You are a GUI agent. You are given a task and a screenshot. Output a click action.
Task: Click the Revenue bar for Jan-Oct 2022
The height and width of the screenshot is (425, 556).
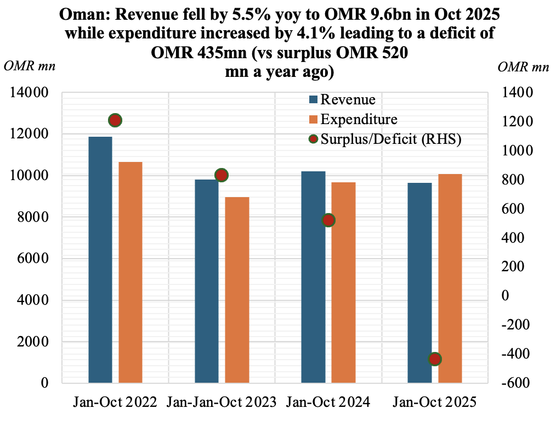pyautogui.click(x=100, y=259)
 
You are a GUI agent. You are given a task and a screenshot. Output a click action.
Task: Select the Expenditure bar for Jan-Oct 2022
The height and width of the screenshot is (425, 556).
pyautogui.click(x=131, y=272)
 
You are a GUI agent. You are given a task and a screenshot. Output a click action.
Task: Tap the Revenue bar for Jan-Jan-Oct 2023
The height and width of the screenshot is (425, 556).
pyautogui.click(x=207, y=281)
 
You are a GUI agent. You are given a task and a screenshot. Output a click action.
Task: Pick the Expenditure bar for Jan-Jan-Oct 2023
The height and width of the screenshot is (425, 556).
pyautogui.click(x=237, y=289)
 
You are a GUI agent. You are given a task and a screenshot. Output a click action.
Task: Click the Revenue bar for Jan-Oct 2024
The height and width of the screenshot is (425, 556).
pyautogui.click(x=313, y=277)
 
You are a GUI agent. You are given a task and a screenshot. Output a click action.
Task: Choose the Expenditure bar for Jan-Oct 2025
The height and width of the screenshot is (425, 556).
pyautogui.click(x=450, y=278)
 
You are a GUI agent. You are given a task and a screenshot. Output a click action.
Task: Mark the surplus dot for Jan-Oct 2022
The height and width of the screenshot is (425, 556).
pyautogui.click(x=115, y=120)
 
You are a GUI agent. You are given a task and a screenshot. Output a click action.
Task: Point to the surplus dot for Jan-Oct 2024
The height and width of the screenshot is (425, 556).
pyautogui.click(x=328, y=220)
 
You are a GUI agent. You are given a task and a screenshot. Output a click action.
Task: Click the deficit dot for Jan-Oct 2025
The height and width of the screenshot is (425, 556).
pyautogui.click(x=435, y=359)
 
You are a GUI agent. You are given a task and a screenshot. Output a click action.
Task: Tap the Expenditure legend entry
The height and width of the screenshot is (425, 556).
pyautogui.click(x=359, y=119)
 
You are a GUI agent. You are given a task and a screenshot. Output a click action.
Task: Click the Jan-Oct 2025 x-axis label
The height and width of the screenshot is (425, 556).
pyautogui.click(x=435, y=402)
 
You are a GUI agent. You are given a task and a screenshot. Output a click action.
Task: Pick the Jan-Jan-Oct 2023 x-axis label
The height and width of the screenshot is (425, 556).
pyautogui.click(x=222, y=402)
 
